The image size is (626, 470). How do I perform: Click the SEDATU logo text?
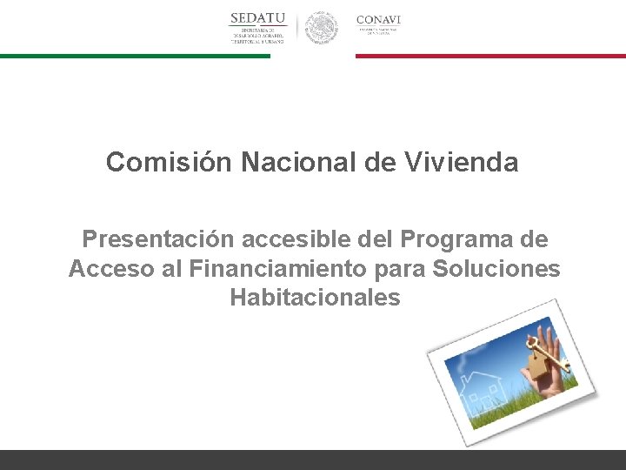257,19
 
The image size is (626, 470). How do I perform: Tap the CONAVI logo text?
378,19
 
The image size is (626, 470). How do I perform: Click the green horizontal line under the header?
135,56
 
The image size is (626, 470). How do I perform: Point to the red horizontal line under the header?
490,56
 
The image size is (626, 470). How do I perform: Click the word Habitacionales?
315,298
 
